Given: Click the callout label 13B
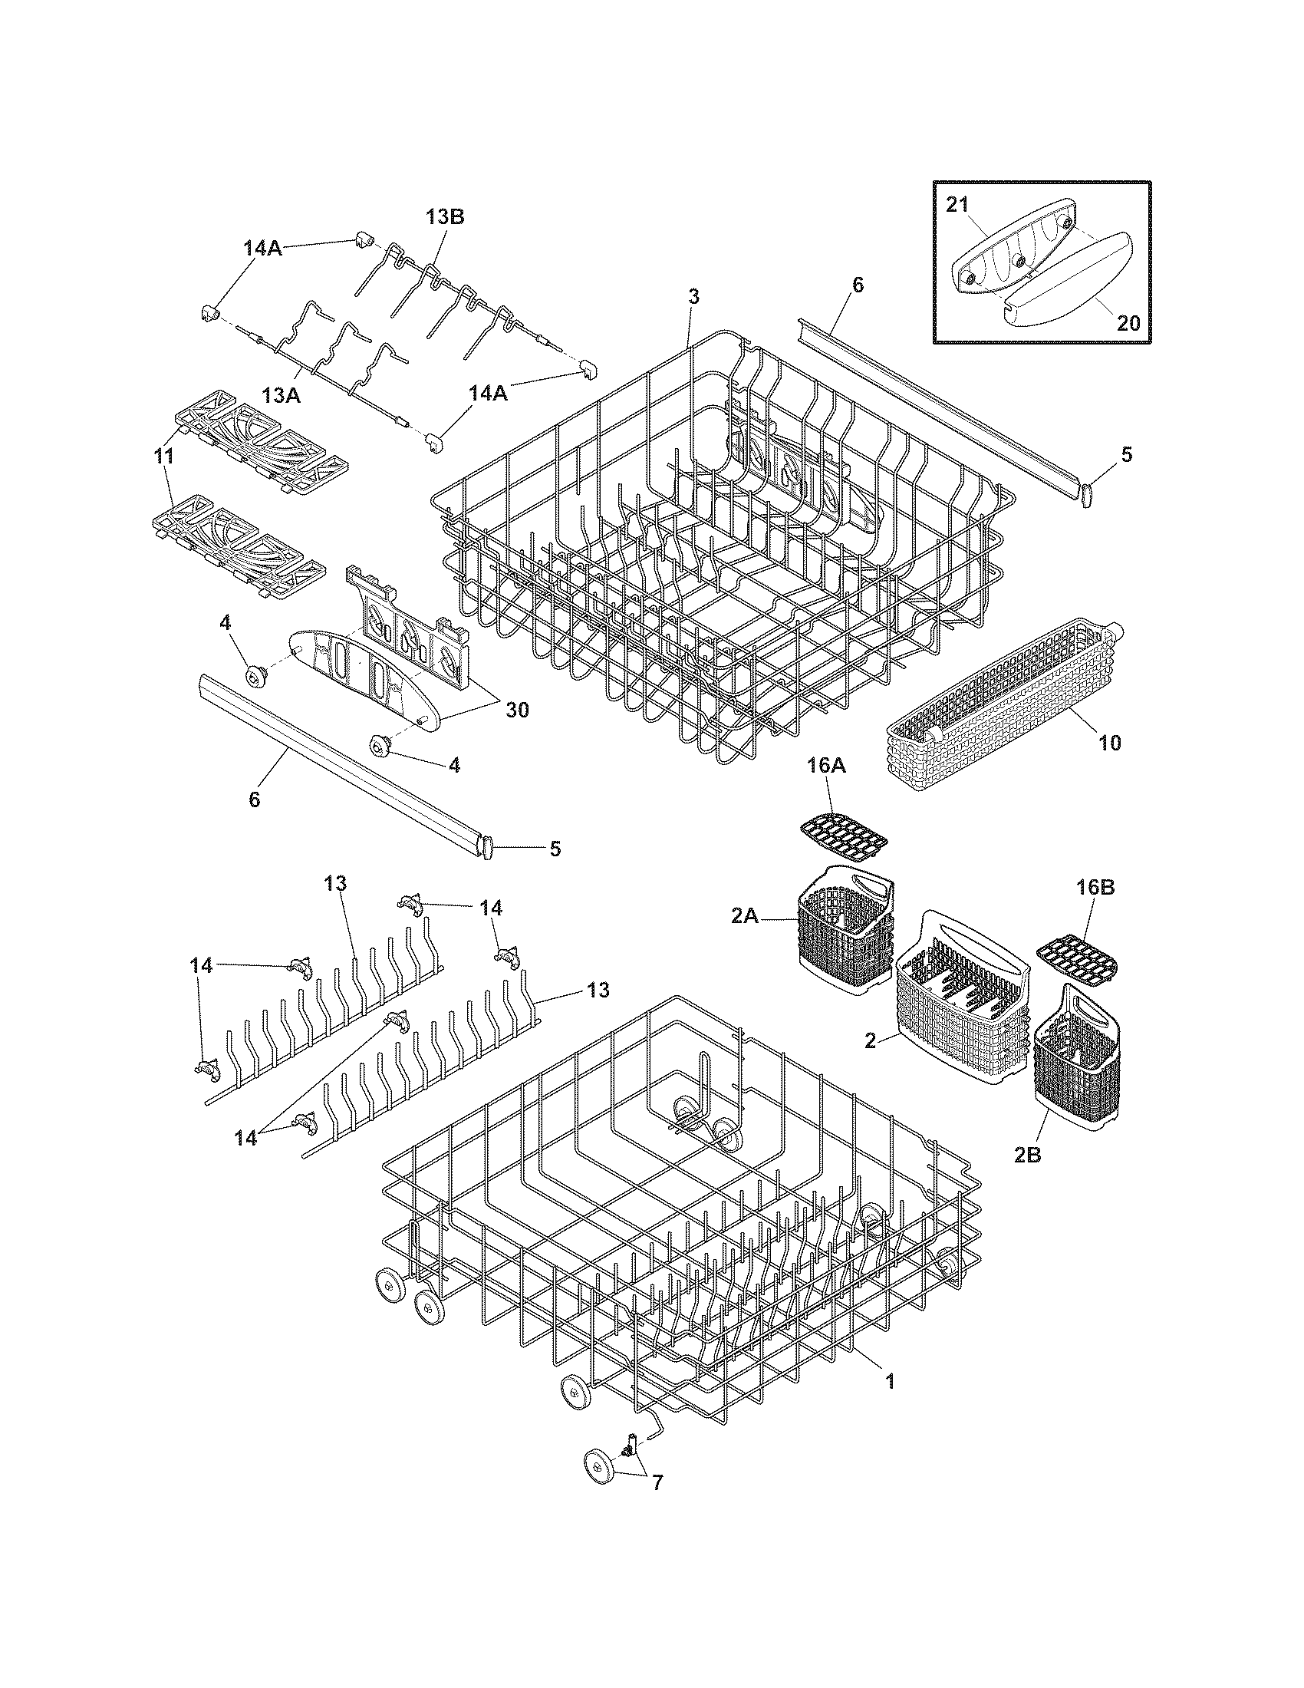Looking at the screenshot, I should [x=445, y=217].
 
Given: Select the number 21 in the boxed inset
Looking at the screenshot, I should [x=957, y=204].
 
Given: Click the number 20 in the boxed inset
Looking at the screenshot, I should [x=1128, y=322].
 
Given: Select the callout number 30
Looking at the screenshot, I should [x=517, y=709].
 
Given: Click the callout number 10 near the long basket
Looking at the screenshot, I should [x=1110, y=743].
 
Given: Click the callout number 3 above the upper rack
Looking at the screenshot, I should [x=693, y=296].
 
